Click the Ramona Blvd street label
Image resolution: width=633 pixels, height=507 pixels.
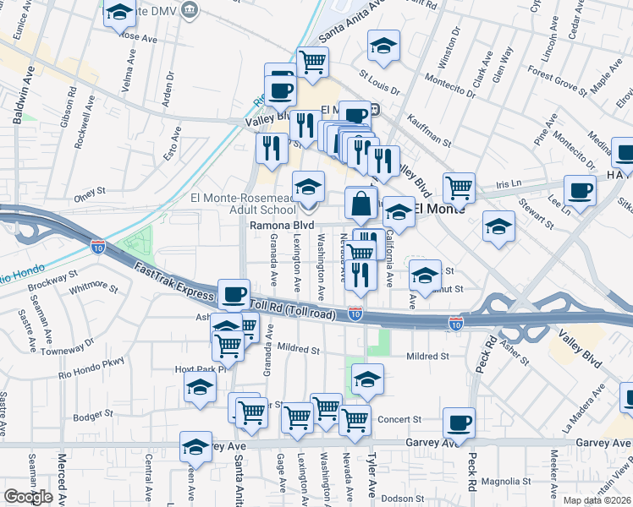pos(281,226)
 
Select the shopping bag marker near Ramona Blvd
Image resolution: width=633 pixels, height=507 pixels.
pos(361,205)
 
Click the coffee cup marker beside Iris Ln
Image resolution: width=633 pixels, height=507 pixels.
pos(580,192)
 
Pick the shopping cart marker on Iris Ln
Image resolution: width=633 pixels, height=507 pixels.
pos(459,188)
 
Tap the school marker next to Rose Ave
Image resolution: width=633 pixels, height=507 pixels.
pos(120,15)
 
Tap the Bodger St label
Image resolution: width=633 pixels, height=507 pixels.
pos(93,414)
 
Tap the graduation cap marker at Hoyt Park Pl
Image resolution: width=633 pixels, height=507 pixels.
pos(200,389)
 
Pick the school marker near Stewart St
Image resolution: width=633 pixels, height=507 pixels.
pos(498,226)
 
